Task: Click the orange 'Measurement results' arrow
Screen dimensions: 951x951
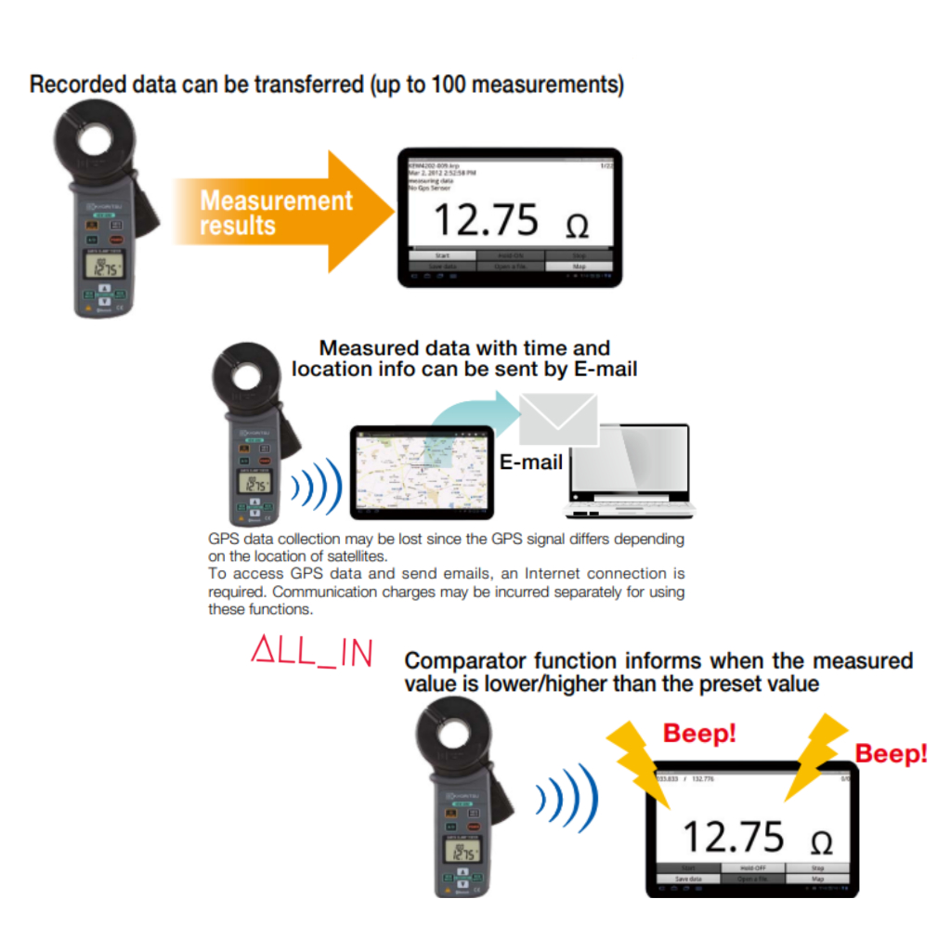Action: tap(279, 213)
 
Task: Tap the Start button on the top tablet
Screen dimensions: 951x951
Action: tap(442, 254)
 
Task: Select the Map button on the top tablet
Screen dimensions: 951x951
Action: tap(579, 266)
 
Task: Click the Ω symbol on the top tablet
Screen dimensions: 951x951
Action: tap(577, 226)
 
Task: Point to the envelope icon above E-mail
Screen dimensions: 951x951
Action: tap(558, 418)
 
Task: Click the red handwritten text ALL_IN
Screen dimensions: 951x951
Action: tap(312, 652)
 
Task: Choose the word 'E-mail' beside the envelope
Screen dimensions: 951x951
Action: tap(531, 462)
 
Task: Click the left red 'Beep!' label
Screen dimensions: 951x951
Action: tap(699, 734)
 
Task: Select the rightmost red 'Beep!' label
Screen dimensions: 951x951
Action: tap(891, 753)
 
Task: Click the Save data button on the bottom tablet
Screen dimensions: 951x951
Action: tap(688, 878)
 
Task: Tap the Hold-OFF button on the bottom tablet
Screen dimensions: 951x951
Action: tap(753, 867)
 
